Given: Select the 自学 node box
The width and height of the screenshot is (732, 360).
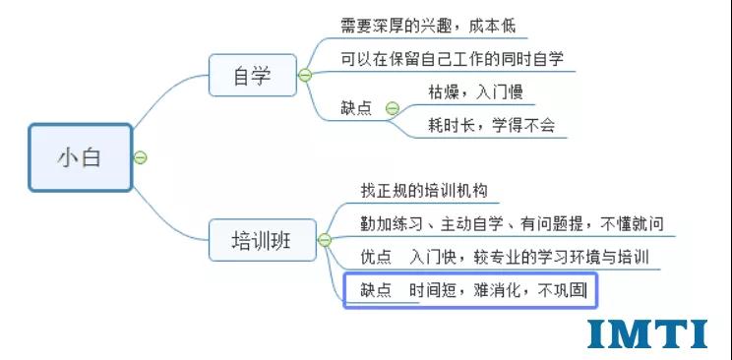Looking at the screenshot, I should coord(252,75).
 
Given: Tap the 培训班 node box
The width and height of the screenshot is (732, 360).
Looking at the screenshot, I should coord(262,239).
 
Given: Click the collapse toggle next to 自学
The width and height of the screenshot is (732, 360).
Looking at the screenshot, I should coord(305,75).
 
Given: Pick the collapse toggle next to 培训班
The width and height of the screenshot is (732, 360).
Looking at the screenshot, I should coord(325,239).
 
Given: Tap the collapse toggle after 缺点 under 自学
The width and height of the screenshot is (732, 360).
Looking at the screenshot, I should coord(392,108).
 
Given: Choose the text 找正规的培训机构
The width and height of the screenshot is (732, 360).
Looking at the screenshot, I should coord(424,190).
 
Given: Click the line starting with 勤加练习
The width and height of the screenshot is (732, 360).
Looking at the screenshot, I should coord(512,223).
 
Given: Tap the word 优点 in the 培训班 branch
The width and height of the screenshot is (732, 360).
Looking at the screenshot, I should coord(377,257).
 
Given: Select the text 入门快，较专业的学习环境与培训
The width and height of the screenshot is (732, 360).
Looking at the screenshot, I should coord(530,257).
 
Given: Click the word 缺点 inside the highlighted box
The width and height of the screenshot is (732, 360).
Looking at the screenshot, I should coord(375,290).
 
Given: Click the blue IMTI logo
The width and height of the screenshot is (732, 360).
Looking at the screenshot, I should coord(646,333).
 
